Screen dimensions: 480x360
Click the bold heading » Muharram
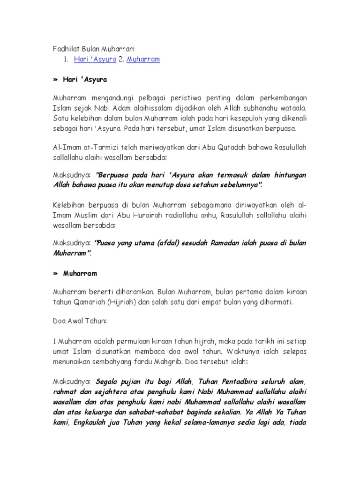coord(75,272)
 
